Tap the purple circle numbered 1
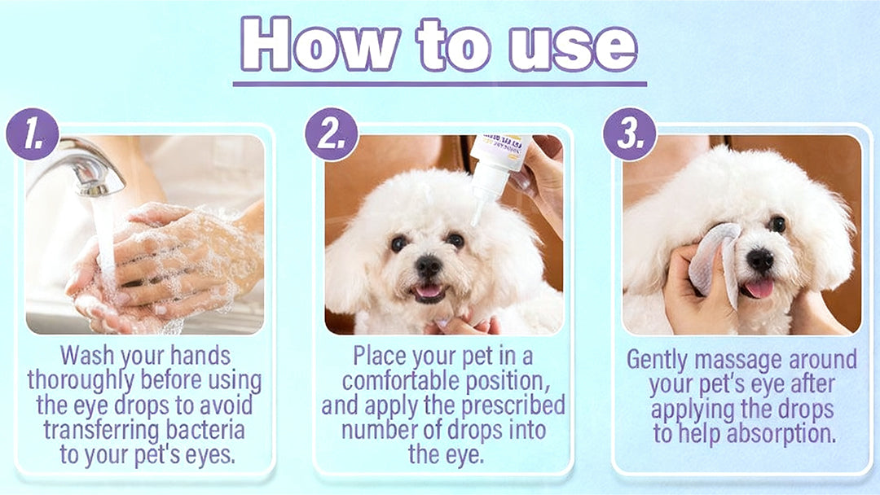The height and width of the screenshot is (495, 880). pyautogui.click(x=32, y=134)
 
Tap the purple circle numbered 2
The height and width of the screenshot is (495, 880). pyautogui.click(x=332, y=134)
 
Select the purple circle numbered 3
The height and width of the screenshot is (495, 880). pyautogui.click(x=630, y=134)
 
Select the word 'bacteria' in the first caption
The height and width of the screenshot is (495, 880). pyautogui.click(x=206, y=429)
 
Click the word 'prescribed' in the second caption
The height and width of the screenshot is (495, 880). pyautogui.click(x=518, y=405)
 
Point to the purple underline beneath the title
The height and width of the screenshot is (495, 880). pyautogui.click(x=439, y=83)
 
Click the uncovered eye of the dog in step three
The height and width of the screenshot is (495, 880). pyautogui.click(x=777, y=224)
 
